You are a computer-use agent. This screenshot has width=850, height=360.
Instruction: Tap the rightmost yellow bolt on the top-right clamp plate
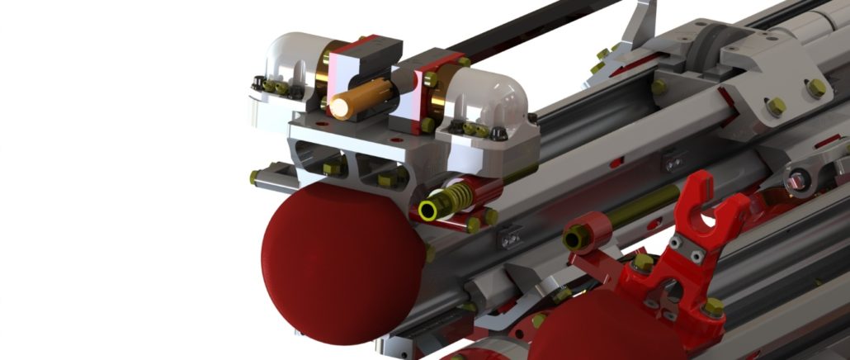click(x=816, y=88)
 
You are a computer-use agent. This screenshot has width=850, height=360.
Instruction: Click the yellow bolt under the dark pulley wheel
click(x=659, y=86)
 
